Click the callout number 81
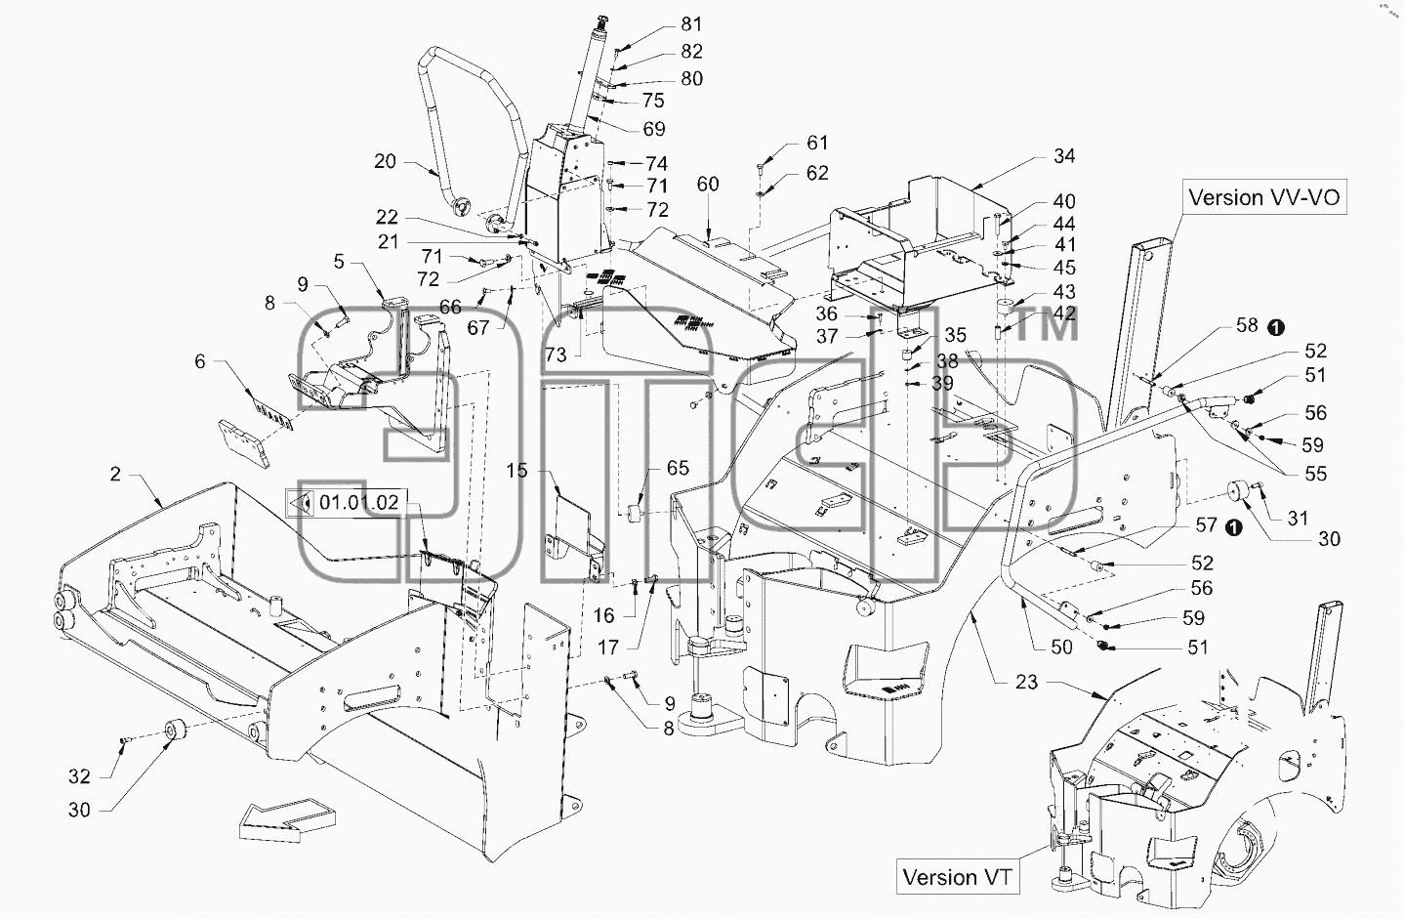tap(691, 24)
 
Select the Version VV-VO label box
tap(1264, 197)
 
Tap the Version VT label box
tap(957, 876)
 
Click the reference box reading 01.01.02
tap(346, 503)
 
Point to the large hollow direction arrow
tap(287, 819)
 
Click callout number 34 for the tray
tap(1064, 156)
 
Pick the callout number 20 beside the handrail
tap(385, 162)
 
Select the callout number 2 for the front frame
tap(115, 474)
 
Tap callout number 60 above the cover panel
tap(708, 185)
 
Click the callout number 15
tap(517, 471)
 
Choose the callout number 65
tap(678, 468)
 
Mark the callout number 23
tap(1027, 682)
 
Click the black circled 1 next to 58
tap(1275, 327)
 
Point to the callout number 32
tap(80, 776)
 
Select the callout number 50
tap(1061, 647)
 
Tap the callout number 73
tap(556, 355)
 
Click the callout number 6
tap(200, 361)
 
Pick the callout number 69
tap(654, 129)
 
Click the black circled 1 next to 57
tap(1233, 527)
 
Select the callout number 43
tap(1064, 292)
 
